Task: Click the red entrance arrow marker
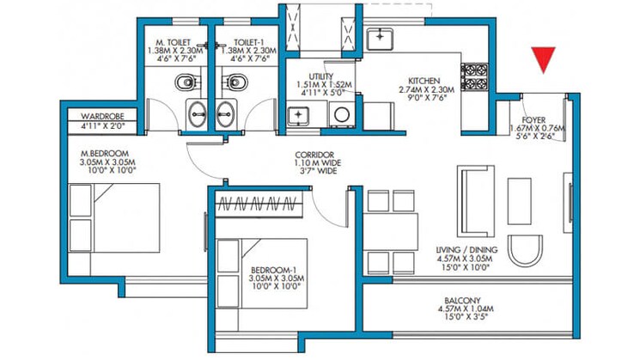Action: [543, 58]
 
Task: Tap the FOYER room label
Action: [533, 120]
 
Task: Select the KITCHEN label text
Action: [424, 81]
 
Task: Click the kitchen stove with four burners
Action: [475, 77]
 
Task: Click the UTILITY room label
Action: [320, 76]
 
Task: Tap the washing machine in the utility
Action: [342, 114]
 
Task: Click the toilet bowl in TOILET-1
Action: [235, 82]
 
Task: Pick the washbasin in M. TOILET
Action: [197, 114]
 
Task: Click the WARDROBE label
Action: [102, 116]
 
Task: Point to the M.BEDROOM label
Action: [105, 154]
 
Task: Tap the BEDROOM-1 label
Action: [273, 270]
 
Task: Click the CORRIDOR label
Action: [314, 156]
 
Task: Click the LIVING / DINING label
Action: [466, 250]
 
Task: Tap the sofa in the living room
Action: [476, 201]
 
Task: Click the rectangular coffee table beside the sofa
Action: [520, 201]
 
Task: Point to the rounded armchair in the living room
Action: [525, 251]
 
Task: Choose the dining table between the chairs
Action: [391, 231]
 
